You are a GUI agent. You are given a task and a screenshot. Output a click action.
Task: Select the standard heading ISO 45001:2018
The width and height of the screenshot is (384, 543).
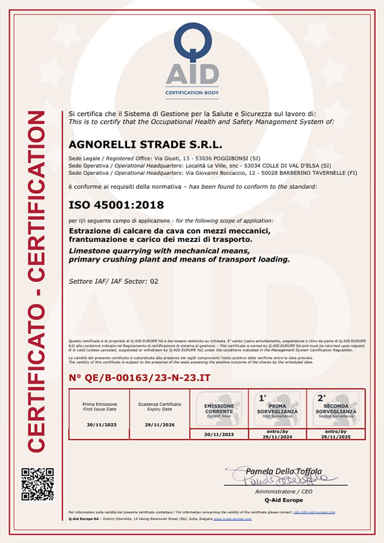[116, 205]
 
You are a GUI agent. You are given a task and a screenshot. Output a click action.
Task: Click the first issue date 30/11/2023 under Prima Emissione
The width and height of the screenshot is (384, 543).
[99, 426]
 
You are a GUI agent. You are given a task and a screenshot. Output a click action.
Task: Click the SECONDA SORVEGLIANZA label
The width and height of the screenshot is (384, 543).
[335, 408]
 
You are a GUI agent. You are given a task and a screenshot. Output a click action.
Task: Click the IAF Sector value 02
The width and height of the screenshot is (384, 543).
[153, 280]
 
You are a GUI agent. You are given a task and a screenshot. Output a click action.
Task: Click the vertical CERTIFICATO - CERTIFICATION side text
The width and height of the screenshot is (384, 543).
[37, 281]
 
